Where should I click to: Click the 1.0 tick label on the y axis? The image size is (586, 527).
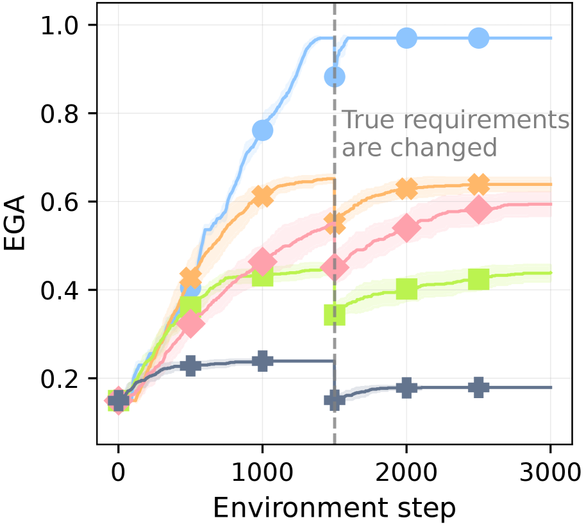tap(60, 26)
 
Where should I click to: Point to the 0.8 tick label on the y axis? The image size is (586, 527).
tap(60, 114)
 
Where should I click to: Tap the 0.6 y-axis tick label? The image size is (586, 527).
tap(60, 202)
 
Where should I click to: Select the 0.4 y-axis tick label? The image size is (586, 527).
tap(60, 290)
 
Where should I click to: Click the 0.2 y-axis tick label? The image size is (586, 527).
tap(60, 379)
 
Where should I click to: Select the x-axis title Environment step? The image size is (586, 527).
tap(334, 508)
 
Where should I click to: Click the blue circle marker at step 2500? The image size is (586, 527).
tap(478, 38)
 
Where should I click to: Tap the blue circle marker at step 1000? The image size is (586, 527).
tap(262, 131)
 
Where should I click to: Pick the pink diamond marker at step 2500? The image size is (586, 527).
tap(478, 210)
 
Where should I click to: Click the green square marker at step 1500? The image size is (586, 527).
tap(335, 315)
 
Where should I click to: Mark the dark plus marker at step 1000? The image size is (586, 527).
tap(262, 360)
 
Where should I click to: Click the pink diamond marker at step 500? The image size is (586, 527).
tap(190, 324)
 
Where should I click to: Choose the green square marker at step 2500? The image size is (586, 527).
tap(478, 280)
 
